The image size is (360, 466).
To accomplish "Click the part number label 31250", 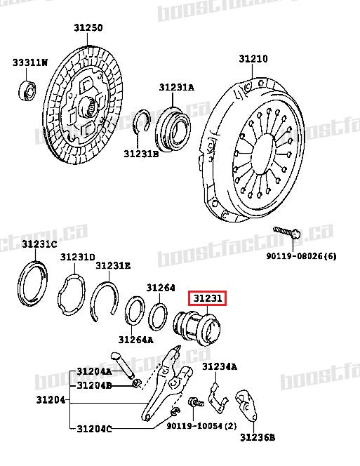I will coord(88,28).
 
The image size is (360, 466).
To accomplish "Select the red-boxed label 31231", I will coord(208,298).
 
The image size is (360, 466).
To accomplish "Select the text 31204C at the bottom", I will coord(94,427).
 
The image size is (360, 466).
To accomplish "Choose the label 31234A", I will coord(219,366).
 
